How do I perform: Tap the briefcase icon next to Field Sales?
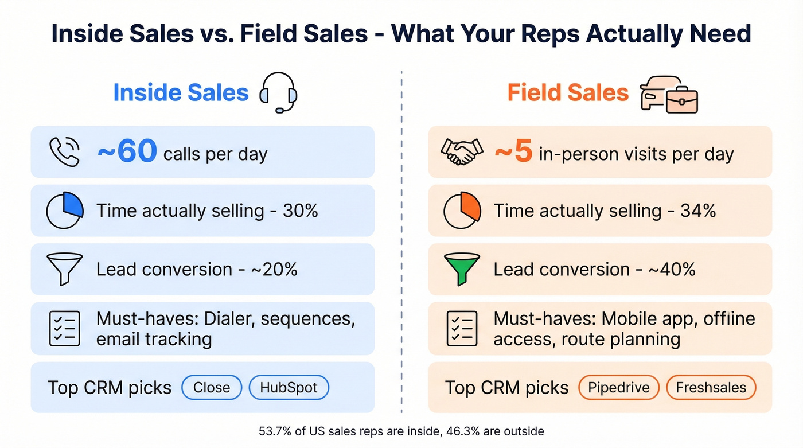coord(681,100)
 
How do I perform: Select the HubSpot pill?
coord(289,388)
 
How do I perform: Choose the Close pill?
coord(212,388)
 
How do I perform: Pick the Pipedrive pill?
coord(618,388)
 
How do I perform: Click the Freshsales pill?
coord(711,388)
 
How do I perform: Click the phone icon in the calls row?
coord(64,152)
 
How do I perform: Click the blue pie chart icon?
coord(64,211)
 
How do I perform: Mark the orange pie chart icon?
coord(462,211)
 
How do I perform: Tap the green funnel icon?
coord(462,269)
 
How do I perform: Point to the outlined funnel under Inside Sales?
coord(64,269)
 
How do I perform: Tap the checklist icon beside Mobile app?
coord(462,329)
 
